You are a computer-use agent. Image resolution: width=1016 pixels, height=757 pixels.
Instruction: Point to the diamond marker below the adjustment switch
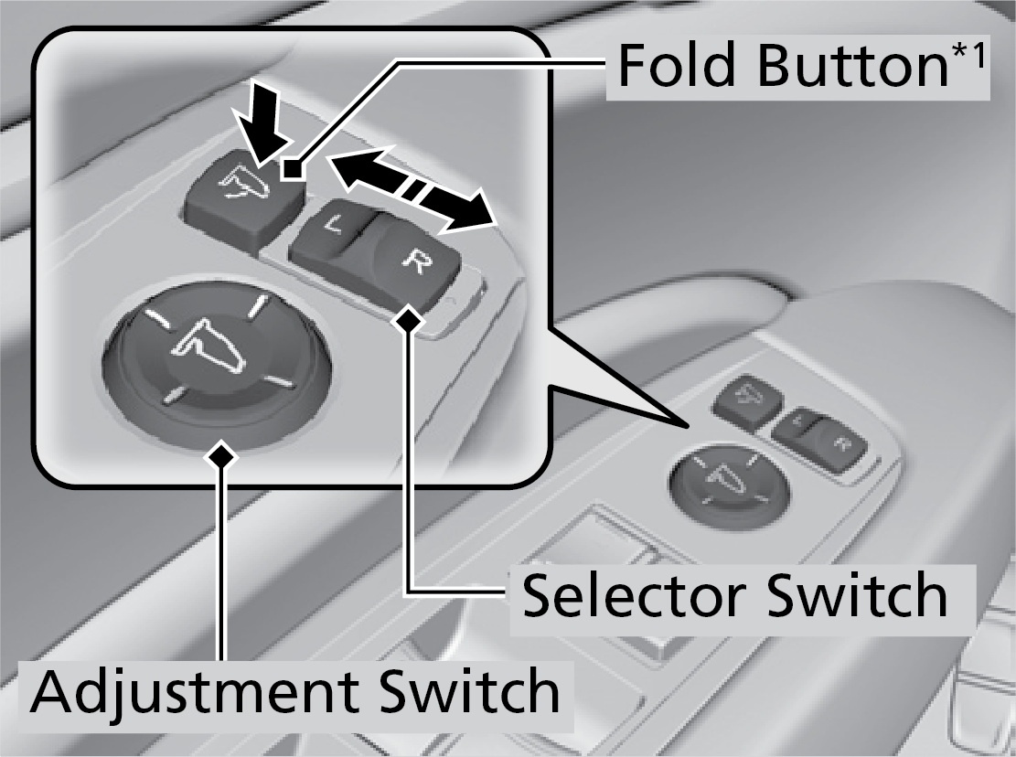pyautogui.click(x=219, y=455)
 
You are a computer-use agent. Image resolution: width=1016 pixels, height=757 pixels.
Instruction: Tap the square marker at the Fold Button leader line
pyautogui.click(x=292, y=167)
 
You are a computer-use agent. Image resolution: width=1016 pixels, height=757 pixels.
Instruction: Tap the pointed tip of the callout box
pyautogui.click(x=688, y=426)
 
